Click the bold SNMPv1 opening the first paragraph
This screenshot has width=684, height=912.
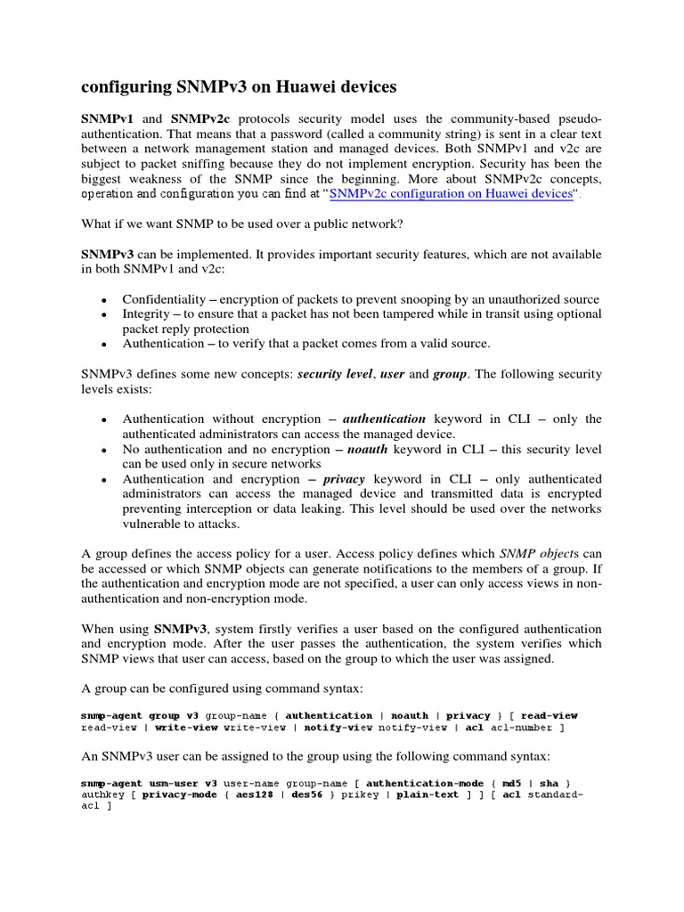coord(107,118)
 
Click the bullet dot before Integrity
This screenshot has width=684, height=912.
coord(105,314)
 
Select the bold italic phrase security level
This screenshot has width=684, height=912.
coord(335,374)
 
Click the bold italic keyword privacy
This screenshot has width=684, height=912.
coord(344,479)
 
